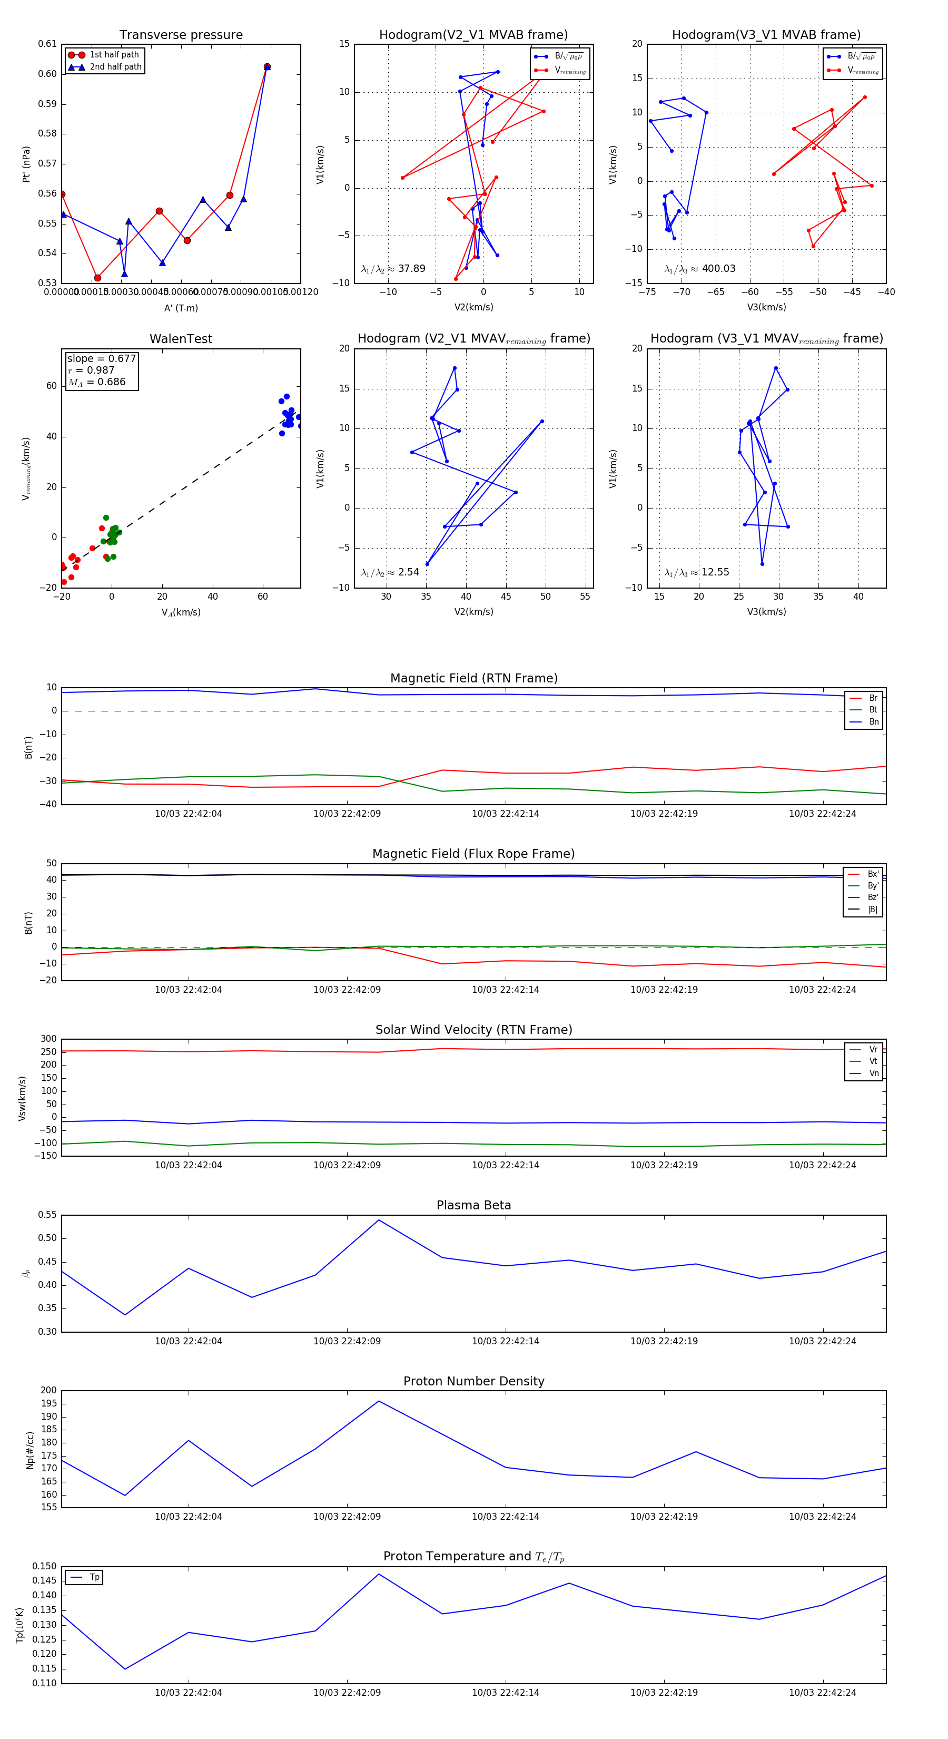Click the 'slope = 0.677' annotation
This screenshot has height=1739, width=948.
[101, 358]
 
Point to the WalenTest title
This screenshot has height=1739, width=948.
[181, 339]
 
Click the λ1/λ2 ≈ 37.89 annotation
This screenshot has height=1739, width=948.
[393, 269]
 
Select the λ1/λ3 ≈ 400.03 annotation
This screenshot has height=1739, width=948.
[700, 269]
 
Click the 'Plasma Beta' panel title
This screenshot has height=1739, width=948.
[473, 1205]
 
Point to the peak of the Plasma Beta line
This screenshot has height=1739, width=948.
[379, 1220]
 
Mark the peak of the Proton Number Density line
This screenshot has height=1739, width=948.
[379, 1401]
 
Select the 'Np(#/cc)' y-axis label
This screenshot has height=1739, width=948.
[29, 1449]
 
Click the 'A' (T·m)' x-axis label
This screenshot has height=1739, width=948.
[181, 308]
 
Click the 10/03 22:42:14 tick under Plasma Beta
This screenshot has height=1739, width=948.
[506, 1341]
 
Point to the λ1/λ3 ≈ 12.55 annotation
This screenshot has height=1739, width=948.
[696, 572]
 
